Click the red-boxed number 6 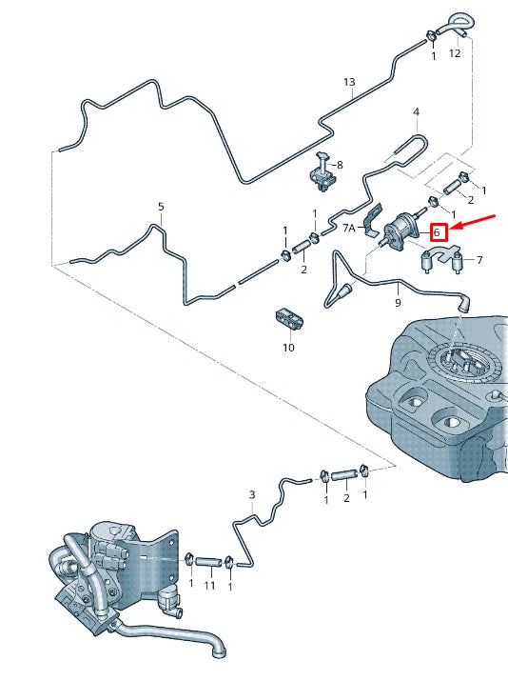(x=437, y=232)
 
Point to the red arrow (x=472, y=222)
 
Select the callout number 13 (x=349, y=82)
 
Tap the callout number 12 (x=454, y=53)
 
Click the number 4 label (x=416, y=112)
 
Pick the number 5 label (x=161, y=207)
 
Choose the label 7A (x=349, y=228)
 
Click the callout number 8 (x=340, y=165)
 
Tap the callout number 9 (x=398, y=302)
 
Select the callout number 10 (x=288, y=347)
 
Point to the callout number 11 (x=209, y=586)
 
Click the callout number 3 (x=252, y=494)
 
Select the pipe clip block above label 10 (x=289, y=320)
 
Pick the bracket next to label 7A (x=372, y=222)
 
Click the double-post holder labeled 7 (x=440, y=259)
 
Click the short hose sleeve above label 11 (x=208, y=562)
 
